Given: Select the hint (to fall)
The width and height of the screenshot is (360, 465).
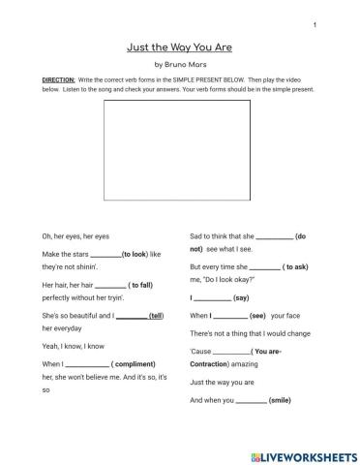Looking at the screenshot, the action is pos(141,286).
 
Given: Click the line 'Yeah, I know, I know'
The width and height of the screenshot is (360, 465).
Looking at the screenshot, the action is pos(74,345).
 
